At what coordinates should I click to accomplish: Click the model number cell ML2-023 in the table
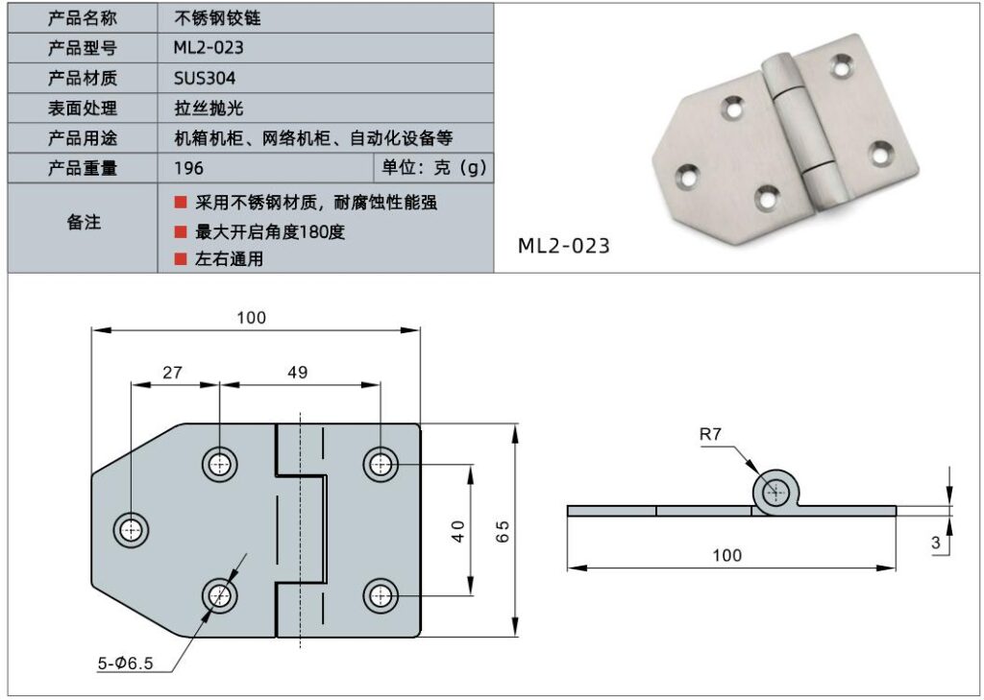tap(202, 47)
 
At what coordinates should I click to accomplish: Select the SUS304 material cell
tap(205, 78)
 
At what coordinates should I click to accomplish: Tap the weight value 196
tap(189, 168)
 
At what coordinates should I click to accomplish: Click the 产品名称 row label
tap(83, 17)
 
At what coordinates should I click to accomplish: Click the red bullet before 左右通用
tap(180, 258)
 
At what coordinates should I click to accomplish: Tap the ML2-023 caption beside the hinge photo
tap(564, 246)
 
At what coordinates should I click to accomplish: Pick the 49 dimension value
tap(298, 373)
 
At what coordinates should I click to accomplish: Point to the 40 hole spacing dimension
tap(457, 531)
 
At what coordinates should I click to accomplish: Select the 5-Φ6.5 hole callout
tap(126, 663)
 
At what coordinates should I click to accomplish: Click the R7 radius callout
tap(710, 435)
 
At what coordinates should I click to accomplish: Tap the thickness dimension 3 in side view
tap(936, 543)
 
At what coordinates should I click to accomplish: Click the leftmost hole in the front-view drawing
tap(131, 527)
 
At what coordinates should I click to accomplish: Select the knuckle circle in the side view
tap(775, 494)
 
